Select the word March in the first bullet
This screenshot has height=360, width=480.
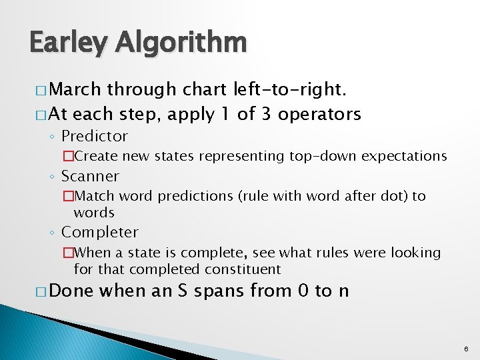[x=75, y=89]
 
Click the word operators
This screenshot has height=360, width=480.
[x=320, y=114]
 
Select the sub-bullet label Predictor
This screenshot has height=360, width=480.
[x=94, y=137]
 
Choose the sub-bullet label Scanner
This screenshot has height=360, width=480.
[x=90, y=177]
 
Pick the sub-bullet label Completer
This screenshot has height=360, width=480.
[x=99, y=233]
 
